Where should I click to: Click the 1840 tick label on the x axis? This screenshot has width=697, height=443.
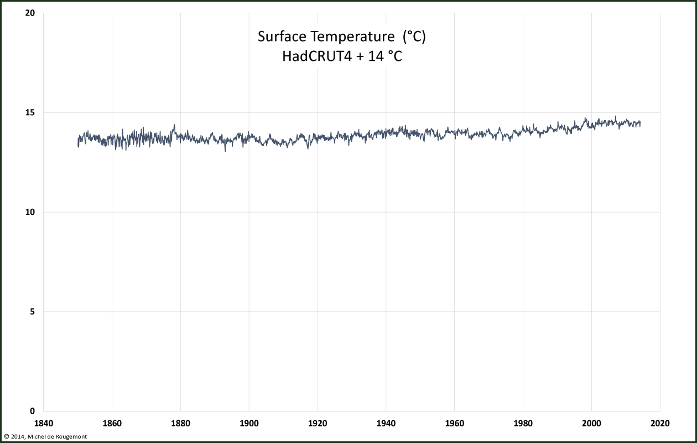pos(44,424)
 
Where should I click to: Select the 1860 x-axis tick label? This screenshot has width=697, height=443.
pos(112,424)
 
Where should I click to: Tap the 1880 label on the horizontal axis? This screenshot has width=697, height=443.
pos(181,424)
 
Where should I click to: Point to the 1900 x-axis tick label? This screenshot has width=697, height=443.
pos(249,424)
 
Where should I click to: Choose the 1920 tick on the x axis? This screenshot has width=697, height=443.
pos(318,424)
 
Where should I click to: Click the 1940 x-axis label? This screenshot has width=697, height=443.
pos(386,424)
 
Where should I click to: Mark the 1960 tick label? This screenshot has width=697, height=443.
pos(455,424)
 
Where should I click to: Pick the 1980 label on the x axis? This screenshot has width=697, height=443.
pos(523,424)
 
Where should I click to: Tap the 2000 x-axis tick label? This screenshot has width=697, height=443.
pos(592,424)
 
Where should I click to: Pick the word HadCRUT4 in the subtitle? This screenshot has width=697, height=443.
pos(317,56)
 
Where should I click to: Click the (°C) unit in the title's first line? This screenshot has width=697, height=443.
pos(414,37)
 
